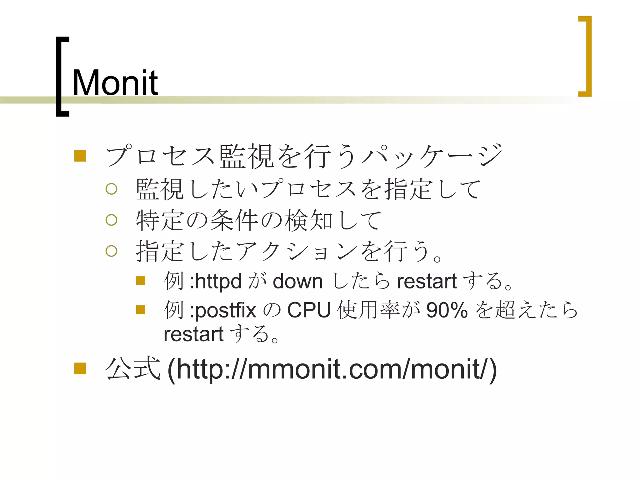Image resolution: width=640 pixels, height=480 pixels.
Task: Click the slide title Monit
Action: click(x=115, y=83)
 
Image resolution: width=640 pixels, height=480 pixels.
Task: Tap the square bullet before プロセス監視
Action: click(x=80, y=156)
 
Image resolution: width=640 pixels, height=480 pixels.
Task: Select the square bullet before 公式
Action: click(x=80, y=368)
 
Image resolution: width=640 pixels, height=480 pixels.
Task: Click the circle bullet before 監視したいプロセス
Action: click(x=111, y=189)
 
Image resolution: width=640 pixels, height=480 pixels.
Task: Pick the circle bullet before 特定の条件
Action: click(x=111, y=220)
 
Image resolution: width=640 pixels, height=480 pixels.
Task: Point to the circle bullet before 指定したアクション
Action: click(x=111, y=251)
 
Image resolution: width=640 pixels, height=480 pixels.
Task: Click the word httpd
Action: click(x=218, y=281)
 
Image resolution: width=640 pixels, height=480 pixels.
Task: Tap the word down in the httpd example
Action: click(x=297, y=282)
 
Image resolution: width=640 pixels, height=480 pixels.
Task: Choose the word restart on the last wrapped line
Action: click(x=193, y=334)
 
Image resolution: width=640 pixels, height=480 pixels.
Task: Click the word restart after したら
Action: click(x=427, y=281)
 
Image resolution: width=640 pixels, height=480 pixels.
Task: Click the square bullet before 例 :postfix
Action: click(x=141, y=310)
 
